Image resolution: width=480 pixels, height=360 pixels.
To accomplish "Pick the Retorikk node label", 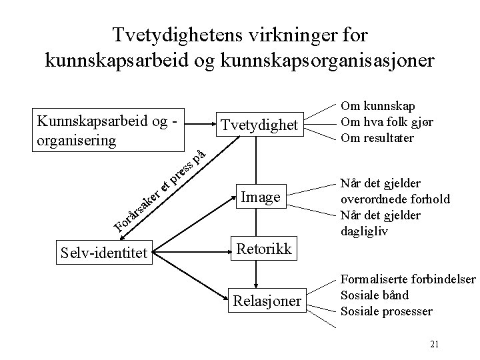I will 263,250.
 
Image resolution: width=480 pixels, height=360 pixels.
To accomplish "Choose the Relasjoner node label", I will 266,302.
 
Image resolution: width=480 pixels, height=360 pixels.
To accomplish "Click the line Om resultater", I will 377,138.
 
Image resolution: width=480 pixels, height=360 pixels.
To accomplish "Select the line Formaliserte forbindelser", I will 409,279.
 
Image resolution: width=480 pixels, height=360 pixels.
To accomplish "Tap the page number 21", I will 435,344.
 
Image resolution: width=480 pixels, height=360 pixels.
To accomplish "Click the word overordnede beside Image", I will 373,199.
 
